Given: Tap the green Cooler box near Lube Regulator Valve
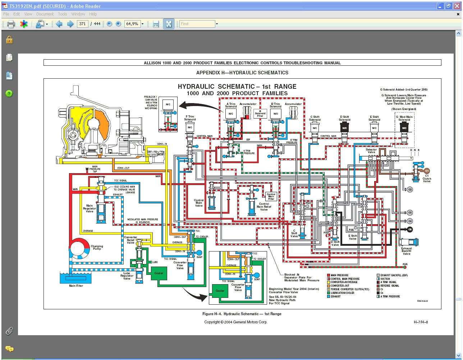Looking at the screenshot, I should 159,273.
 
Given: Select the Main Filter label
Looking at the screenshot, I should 76,286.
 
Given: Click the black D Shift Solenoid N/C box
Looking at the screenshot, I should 344,128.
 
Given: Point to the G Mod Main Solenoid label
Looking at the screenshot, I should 404,118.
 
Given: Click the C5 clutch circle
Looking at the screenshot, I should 410,229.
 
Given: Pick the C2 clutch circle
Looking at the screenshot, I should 410,189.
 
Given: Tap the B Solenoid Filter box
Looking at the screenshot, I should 260,114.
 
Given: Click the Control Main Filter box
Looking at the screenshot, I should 271,196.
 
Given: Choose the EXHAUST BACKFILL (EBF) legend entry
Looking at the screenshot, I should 394,275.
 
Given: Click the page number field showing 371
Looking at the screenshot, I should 82,24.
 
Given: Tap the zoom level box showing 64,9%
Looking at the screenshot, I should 132,24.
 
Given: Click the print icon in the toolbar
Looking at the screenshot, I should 11,24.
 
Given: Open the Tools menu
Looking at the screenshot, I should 63,14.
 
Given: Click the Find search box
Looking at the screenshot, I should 197,24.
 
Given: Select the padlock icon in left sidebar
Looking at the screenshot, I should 9,40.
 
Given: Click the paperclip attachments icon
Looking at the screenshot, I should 9,331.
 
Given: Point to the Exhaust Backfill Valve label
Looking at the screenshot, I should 407,251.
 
